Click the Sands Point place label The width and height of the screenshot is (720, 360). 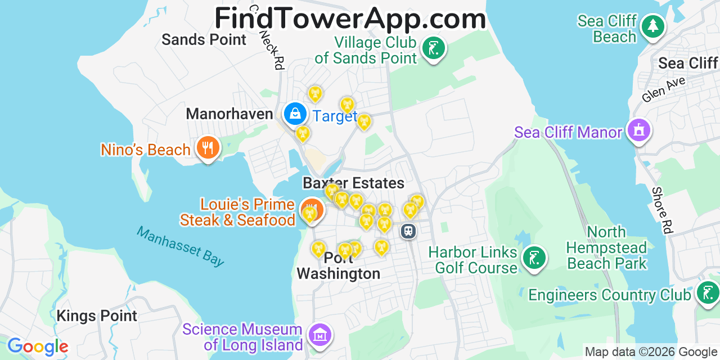pyautogui.click(x=204, y=39)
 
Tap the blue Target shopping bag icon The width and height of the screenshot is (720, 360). pyautogui.click(x=295, y=114)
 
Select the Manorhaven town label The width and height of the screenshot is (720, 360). pyautogui.click(x=229, y=114)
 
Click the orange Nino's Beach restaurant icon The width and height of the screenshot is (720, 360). pyautogui.click(x=208, y=148)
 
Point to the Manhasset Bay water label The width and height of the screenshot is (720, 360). pyautogui.click(x=180, y=246)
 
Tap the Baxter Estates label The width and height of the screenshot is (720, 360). pyautogui.click(x=353, y=183)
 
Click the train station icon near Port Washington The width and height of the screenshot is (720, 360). pyautogui.click(x=408, y=231)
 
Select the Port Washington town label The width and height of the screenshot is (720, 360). pyautogui.click(x=339, y=266)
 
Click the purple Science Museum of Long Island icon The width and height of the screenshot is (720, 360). pyautogui.click(x=319, y=335)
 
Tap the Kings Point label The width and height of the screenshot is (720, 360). pyautogui.click(x=97, y=316)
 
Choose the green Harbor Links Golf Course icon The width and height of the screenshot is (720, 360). pyautogui.click(x=533, y=259)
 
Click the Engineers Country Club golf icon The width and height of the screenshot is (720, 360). pyautogui.click(x=706, y=293)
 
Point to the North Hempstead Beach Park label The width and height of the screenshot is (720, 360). pyautogui.click(x=606, y=247)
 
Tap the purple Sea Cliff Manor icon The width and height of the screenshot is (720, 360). pyautogui.click(x=638, y=130)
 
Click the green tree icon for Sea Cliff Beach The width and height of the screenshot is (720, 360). pyautogui.click(x=652, y=26)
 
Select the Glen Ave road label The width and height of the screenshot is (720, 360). pyautogui.click(x=664, y=89)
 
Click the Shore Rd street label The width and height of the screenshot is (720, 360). pyautogui.click(x=662, y=210)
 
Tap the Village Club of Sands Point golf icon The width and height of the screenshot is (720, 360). pyautogui.click(x=433, y=48)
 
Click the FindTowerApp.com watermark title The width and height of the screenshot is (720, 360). pyautogui.click(x=350, y=19)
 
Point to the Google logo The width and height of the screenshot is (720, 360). pyautogui.click(x=38, y=346)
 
